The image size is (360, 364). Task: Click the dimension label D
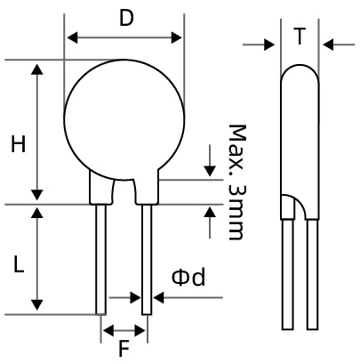click(x=125, y=18)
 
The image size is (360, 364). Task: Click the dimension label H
click(x=18, y=144)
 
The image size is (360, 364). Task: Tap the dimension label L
click(x=18, y=263)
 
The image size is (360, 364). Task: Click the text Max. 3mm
click(x=236, y=182)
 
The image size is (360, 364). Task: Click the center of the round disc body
click(x=124, y=119)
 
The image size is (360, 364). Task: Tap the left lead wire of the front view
click(x=101, y=258)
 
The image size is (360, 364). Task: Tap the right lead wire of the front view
click(x=147, y=258)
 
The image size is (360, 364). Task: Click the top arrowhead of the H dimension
click(x=37, y=69)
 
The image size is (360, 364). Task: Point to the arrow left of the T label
click(x=269, y=44)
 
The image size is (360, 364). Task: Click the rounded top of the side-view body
click(x=300, y=71)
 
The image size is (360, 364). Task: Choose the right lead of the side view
click(x=312, y=276)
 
